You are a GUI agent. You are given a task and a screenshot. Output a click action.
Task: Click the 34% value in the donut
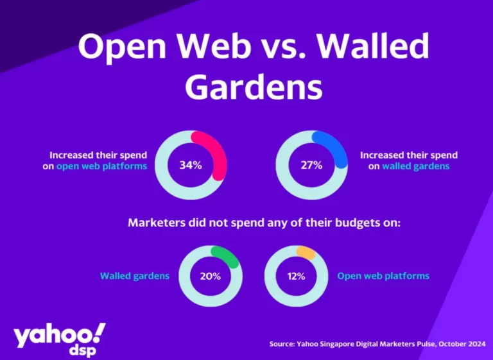pos(191,165)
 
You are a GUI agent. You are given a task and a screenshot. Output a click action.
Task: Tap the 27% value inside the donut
pos(311,165)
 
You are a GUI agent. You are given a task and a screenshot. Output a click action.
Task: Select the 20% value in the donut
pos(211,277)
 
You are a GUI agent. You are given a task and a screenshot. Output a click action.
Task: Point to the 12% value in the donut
pos(296,277)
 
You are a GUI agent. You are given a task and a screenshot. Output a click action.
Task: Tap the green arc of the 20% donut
pos(229,255)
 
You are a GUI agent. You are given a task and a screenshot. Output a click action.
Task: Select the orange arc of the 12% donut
pos(306,252)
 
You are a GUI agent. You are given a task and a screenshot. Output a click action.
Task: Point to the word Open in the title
pos(123,46)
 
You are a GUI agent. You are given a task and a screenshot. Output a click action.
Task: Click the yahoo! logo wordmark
pos(60,335)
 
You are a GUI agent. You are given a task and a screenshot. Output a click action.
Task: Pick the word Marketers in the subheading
pos(157,223)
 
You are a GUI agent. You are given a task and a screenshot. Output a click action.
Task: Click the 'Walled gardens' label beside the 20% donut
pos(135,276)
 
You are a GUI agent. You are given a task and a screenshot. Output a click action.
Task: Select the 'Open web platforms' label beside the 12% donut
pos(383,276)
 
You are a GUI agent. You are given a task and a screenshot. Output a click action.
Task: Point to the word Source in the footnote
pos(282,344)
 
